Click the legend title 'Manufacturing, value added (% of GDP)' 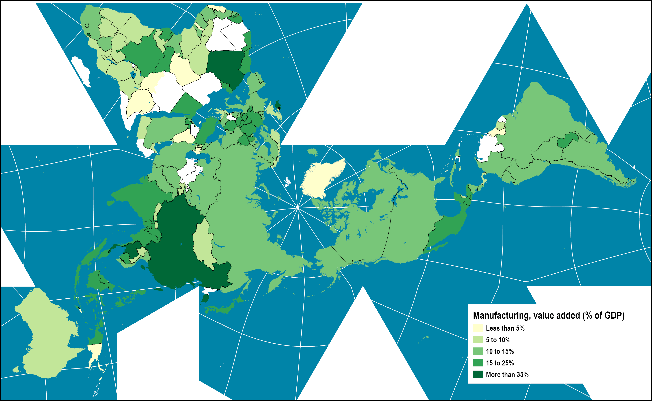click(548, 315)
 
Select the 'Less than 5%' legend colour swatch click(478, 328)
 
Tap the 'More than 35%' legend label click(507, 374)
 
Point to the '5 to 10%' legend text click(498, 340)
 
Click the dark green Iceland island click(278, 105)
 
